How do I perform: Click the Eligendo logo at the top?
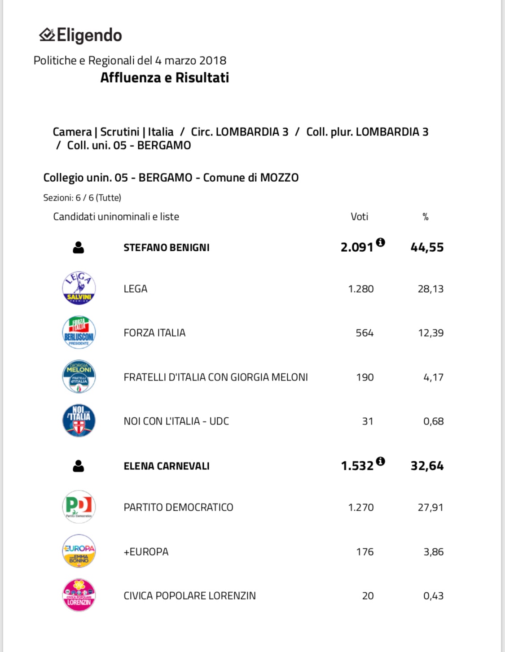coord(81,35)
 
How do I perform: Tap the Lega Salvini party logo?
coord(79,288)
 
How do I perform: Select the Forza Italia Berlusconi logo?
coord(79,333)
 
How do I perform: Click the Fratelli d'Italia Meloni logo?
coord(79,377)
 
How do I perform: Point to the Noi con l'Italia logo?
coord(79,421)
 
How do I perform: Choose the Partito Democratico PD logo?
coord(79,507)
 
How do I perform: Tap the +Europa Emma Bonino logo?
coord(79,551)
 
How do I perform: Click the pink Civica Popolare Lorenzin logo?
coord(79,595)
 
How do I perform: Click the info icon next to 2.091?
coord(380,242)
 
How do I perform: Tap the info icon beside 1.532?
coord(380,461)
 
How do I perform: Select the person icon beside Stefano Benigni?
coord(79,247)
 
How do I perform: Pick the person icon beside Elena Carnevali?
coord(79,466)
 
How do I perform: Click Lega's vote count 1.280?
coord(361,289)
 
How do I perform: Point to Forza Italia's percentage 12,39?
coord(430,333)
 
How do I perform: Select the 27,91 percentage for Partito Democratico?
coord(430,508)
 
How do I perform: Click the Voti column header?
coord(359,217)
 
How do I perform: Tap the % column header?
coord(426,217)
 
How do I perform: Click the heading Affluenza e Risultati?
coord(164,78)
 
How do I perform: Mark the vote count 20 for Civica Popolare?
coord(368,596)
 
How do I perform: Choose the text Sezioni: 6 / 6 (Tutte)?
coord(82,197)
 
